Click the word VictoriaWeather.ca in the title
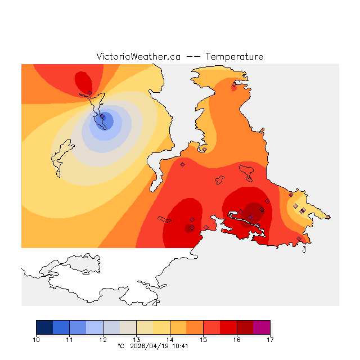(138, 57)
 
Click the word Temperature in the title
(234, 57)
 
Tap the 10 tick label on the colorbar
(36, 340)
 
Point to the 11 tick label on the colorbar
(69, 340)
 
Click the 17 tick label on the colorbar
(270, 340)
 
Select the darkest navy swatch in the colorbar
(44, 327)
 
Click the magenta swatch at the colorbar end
(262, 327)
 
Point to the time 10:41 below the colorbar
(180, 346)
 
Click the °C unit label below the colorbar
(120, 346)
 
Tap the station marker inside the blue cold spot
(102, 117)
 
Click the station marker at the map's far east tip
(328, 217)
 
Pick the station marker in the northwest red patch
(89, 93)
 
